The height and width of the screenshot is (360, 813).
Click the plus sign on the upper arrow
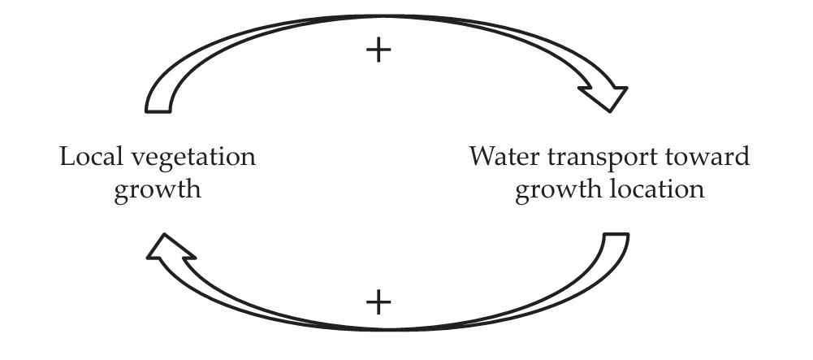[x=378, y=51]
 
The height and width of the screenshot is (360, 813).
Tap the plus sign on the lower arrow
[x=378, y=303]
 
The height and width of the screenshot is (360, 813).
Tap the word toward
[x=711, y=156]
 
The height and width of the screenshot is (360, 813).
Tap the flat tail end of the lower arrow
[x=616, y=236]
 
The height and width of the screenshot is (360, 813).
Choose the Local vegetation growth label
[x=158, y=173]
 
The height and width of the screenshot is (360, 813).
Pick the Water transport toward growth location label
[x=609, y=173]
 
